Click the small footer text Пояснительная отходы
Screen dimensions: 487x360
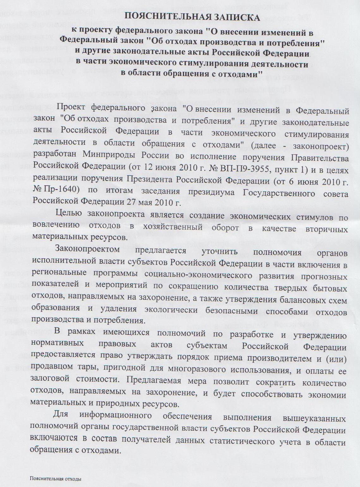click(x=56, y=478)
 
